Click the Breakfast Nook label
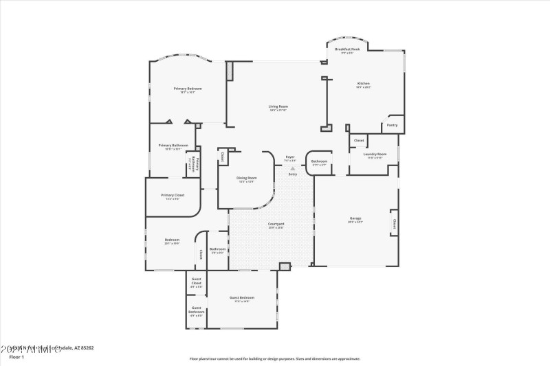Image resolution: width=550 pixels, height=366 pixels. coord(347,49)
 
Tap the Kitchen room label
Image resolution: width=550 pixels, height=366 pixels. coord(363,84)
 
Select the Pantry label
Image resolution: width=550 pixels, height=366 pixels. coord(392,125)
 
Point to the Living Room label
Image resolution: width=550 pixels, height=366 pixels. coord(278,106)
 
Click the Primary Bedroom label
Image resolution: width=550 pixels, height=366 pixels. coord(187,89)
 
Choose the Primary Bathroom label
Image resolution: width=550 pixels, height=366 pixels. coord(173,146)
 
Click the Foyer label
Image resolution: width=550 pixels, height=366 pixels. coord(290,157)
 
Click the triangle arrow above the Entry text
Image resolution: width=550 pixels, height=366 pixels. coord(293,168)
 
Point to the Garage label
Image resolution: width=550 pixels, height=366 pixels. coord(355,218)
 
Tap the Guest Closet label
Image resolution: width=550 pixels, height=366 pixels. coord(196,281)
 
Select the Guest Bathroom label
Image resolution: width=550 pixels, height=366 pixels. coord(196,310)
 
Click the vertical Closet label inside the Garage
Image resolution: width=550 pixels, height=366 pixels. coord(395,223)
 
